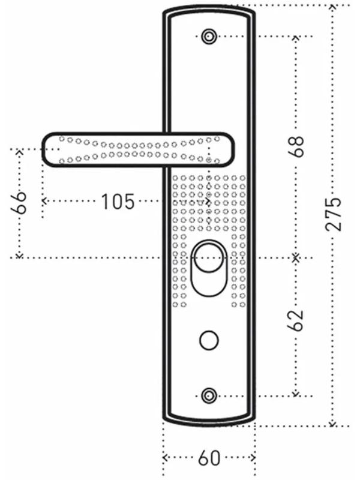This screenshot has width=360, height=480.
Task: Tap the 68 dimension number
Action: click(x=296, y=146)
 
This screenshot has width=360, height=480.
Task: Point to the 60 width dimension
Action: click(x=209, y=459)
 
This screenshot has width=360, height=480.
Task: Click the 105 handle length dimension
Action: click(x=117, y=202)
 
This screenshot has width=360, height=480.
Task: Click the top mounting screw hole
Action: click(x=209, y=36)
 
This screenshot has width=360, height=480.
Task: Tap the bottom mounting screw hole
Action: click(x=209, y=395)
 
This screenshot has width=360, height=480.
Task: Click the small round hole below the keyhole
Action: click(x=208, y=340)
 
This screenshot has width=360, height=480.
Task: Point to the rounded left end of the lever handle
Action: click(x=47, y=148)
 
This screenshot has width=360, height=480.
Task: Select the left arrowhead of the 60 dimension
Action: click(x=165, y=458)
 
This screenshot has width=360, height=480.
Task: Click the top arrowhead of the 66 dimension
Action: click(x=19, y=151)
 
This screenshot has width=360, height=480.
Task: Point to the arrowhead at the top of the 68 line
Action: click(x=295, y=38)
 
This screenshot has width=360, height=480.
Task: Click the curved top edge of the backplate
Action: click(x=209, y=8)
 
